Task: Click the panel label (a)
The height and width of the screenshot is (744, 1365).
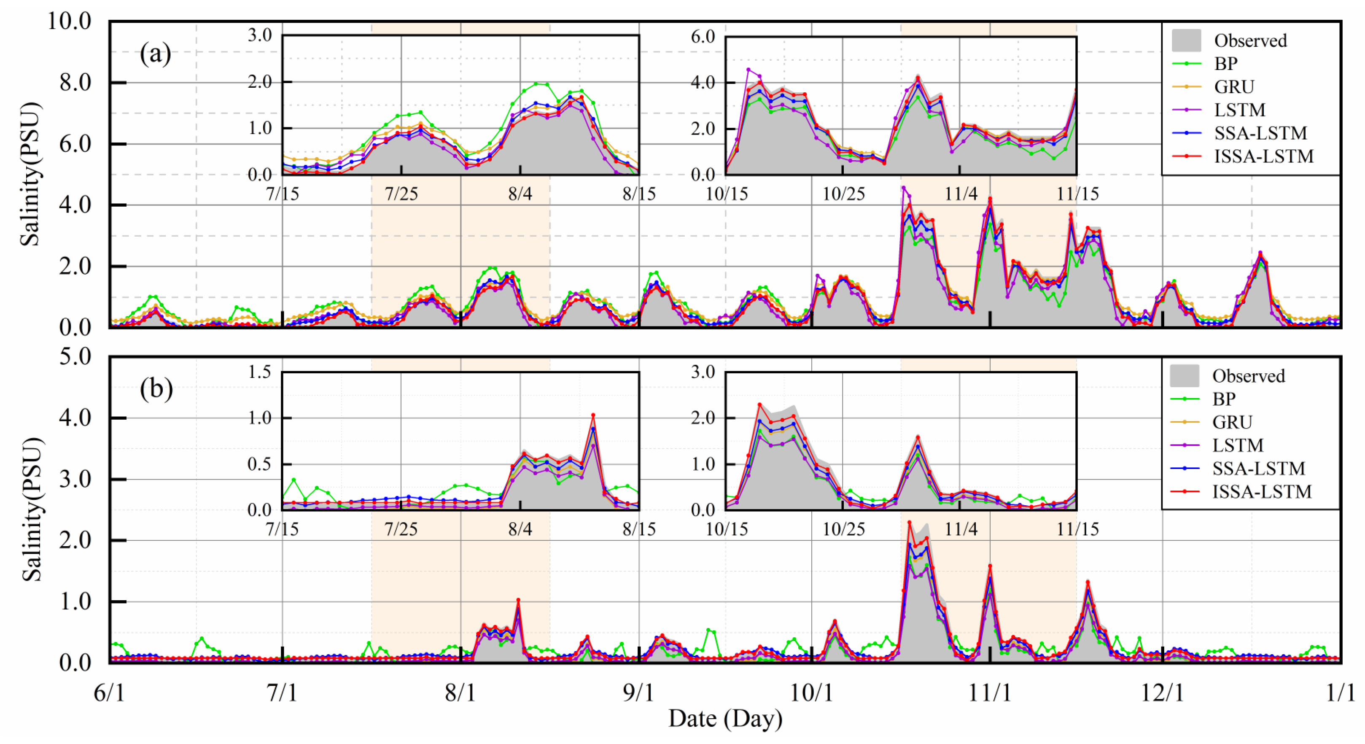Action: [155, 54]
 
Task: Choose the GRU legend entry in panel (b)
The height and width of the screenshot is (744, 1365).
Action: [1232, 422]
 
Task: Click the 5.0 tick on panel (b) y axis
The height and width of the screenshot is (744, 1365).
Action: [75, 357]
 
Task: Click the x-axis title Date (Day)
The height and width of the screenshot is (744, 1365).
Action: [725, 719]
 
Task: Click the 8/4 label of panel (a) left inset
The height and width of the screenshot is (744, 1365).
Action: [520, 194]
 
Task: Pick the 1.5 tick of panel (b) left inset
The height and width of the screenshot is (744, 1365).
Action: [260, 372]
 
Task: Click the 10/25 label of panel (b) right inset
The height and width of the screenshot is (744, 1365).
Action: [843, 529]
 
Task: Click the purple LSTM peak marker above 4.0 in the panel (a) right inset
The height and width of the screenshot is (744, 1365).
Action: [748, 70]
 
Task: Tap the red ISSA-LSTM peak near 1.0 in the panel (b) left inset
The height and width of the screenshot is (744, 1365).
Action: [593, 415]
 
